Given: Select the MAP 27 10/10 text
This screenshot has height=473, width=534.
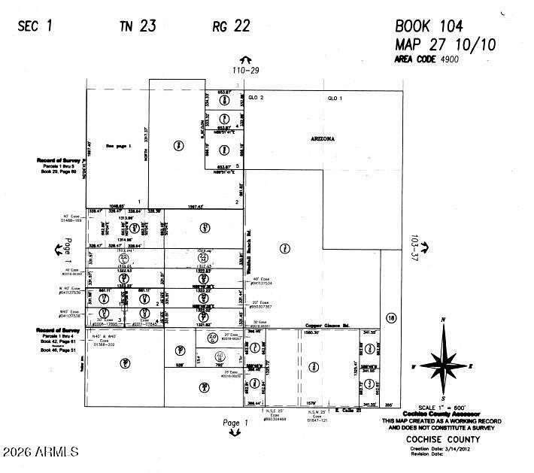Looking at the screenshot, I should tap(445, 44).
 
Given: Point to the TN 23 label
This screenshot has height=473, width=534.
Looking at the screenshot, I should tap(137, 27).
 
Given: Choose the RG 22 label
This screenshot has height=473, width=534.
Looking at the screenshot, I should tap(230, 27).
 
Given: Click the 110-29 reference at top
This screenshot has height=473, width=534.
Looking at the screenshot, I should tap(244, 69).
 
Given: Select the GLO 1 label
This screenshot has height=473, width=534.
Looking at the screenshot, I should tap(334, 99).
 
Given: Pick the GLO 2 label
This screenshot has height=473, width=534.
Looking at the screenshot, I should tap(257, 99).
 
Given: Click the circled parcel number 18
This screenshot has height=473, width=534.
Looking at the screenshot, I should tap(390, 317).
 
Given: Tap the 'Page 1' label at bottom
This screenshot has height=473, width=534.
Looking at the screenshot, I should tap(235, 423).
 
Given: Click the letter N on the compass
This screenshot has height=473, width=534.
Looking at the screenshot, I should tap(444, 320).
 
